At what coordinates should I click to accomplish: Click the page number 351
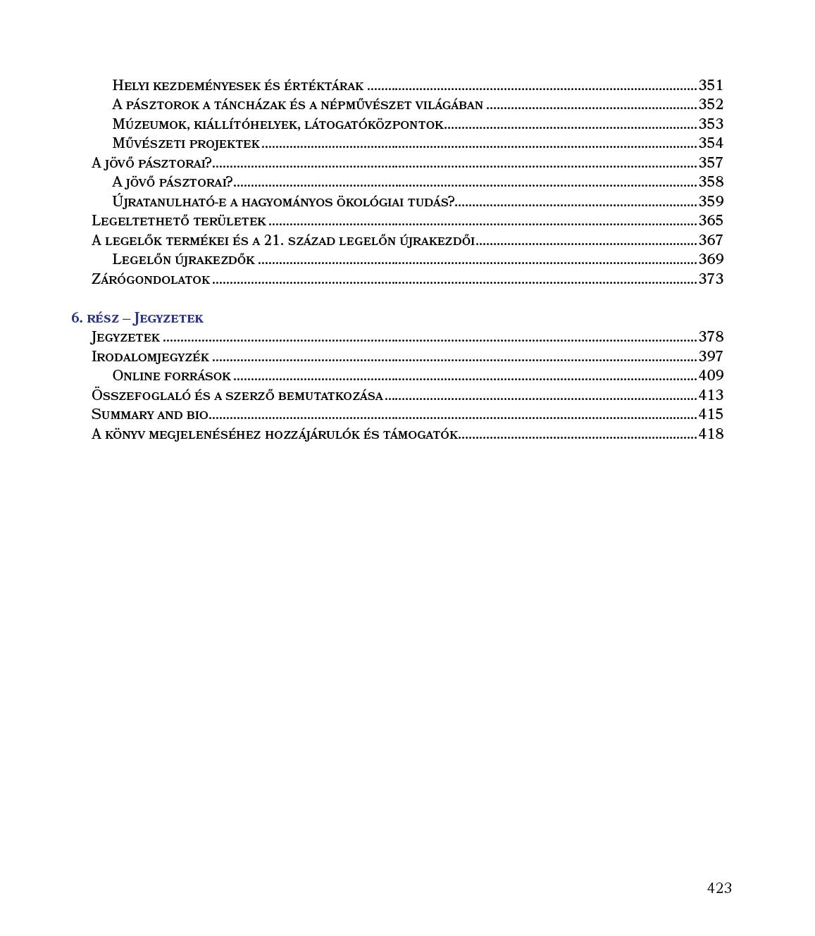coord(711,85)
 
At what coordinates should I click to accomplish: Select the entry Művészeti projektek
coord(186,144)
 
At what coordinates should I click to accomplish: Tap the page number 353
coord(711,124)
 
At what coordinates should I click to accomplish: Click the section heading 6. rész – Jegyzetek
coord(137,318)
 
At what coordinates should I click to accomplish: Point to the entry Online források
coord(171,376)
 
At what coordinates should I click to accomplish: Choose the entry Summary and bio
coord(149,415)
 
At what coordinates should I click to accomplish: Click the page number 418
coord(711,434)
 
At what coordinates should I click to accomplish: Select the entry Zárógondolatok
coord(151,280)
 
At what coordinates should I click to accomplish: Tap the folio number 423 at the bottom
coord(719,888)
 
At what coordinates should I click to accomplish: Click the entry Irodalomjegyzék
coord(150,357)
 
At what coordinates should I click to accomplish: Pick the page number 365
coord(711,220)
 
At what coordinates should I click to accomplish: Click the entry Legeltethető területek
coord(179,221)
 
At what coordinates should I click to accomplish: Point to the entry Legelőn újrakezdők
coord(183,260)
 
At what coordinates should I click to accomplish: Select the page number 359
coord(711,201)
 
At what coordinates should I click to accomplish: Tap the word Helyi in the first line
coord(131,86)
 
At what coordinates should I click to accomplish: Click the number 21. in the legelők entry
coord(274,240)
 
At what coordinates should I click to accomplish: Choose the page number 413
coord(711,395)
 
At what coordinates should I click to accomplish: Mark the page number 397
coord(711,356)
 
